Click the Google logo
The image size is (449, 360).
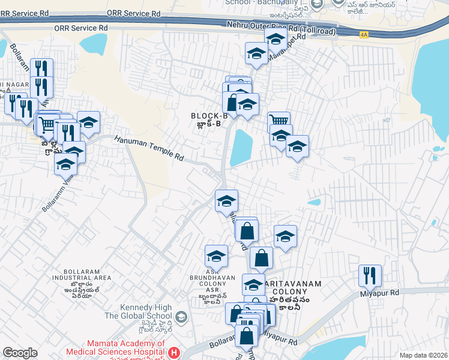(20, 353)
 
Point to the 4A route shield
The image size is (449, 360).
(363, 35)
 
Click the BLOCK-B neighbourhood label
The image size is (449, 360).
(209, 116)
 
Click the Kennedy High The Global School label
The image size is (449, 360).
(136, 311)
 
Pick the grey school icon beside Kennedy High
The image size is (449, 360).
(181, 316)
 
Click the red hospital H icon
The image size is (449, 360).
(174, 352)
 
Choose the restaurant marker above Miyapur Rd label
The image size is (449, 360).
(370, 275)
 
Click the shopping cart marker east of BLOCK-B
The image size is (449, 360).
(279, 122)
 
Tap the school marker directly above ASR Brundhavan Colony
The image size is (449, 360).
(216, 256)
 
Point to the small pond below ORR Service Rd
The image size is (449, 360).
(92, 43)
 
